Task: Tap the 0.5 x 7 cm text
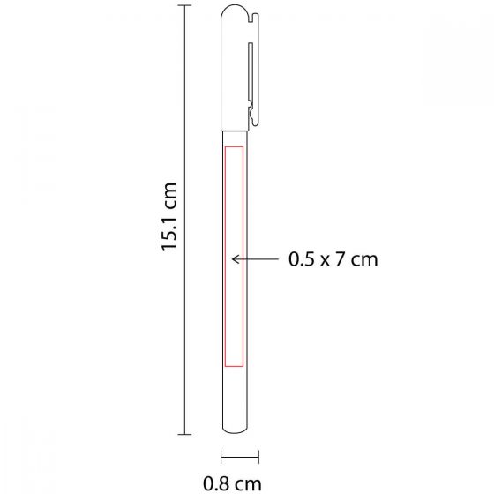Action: click(333, 259)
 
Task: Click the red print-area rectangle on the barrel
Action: click(234, 256)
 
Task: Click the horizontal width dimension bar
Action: click(239, 458)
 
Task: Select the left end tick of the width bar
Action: click(221, 458)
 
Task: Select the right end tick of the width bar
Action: click(258, 458)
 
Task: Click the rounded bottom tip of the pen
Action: click(235, 432)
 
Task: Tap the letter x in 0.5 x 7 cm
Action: click(326, 260)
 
